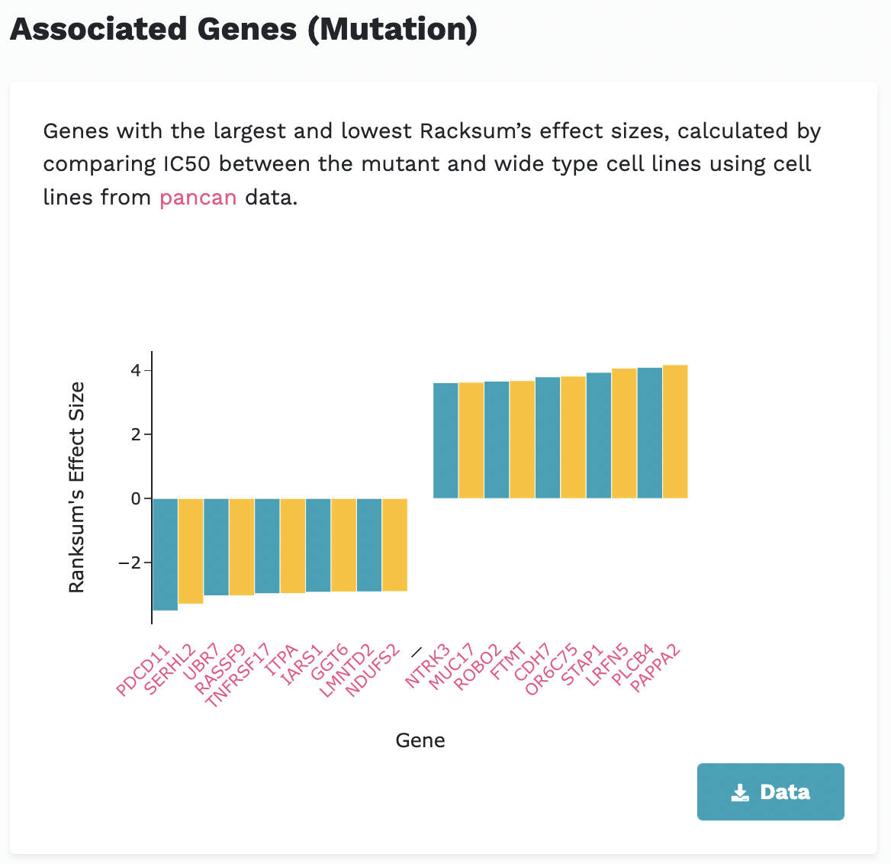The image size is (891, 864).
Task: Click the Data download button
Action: [x=770, y=791]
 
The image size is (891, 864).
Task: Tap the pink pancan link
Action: [x=198, y=198]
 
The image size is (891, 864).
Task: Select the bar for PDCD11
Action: [x=165, y=554]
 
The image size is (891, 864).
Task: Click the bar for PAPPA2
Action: [x=675, y=432]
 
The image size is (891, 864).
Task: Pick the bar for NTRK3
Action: [x=445, y=440]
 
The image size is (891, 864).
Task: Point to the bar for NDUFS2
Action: [x=394, y=544]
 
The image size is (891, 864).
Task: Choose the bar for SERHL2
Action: [x=191, y=550]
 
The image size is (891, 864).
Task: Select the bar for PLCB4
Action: [x=650, y=433]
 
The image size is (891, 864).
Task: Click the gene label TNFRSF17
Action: [x=238, y=675]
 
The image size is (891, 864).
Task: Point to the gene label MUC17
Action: [x=452, y=666]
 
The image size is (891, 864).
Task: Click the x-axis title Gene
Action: [x=420, y=740]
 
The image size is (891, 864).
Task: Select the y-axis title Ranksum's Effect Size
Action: [x=76, y=488]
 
